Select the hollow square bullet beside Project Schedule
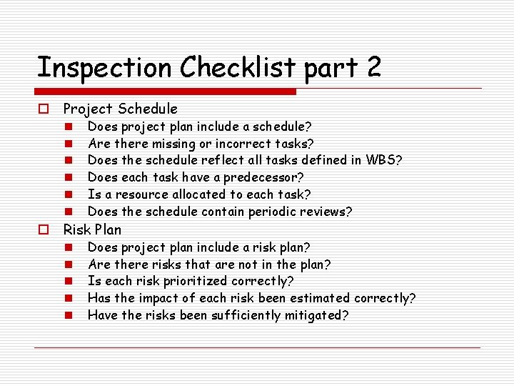click(x=44, y=109)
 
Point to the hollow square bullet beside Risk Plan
click(x=44, y=230)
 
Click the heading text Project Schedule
click(x=120, y=109)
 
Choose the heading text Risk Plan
click(x=92, y=229)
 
